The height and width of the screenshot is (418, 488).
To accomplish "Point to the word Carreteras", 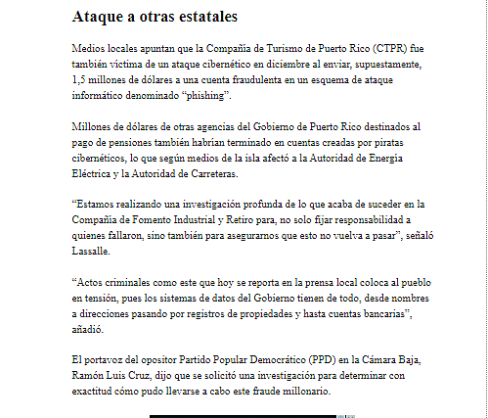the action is (x=205, y=174).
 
